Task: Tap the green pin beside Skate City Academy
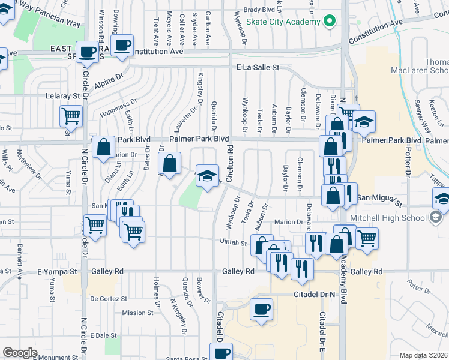coord(328,22)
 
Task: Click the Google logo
coord(20,353)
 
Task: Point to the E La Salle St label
coord(258,68)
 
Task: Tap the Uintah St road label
coord(235,243)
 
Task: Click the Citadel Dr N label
coord(313,295)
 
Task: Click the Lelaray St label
coord(63,96)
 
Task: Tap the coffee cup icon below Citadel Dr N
coord(260,310)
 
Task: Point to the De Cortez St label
coord(109,298)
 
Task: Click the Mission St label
coord(133,313)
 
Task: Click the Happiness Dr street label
coord(115,110)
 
